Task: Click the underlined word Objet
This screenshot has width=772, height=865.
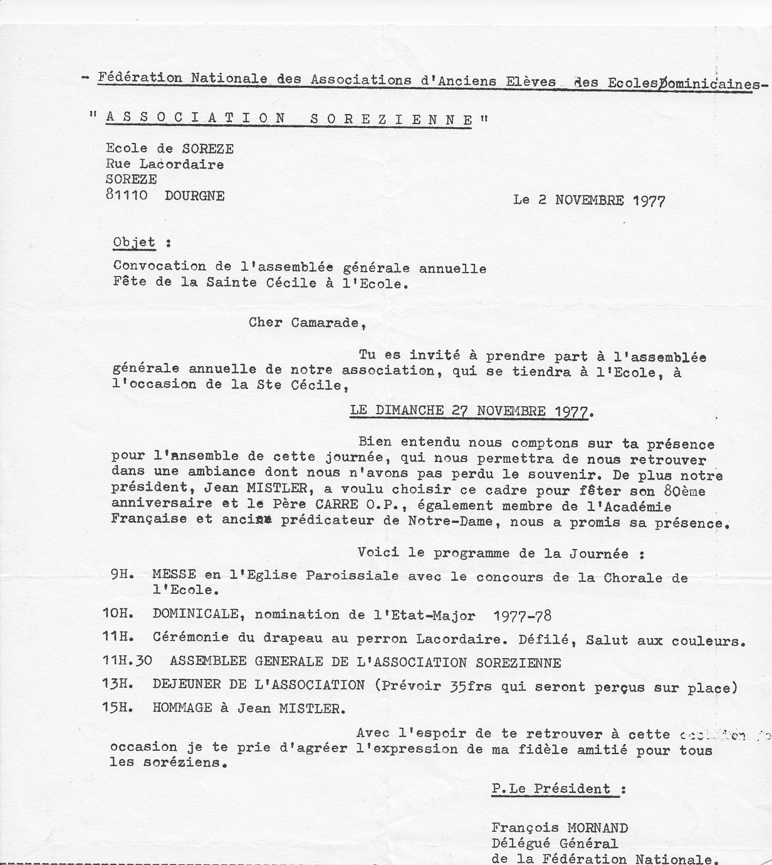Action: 134,243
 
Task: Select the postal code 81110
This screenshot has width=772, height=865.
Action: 127,195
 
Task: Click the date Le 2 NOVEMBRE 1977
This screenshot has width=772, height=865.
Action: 588,201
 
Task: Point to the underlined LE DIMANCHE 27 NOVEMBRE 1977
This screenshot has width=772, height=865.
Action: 469,411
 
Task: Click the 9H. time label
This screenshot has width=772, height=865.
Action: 119,575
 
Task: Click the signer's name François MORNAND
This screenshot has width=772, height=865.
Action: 559,828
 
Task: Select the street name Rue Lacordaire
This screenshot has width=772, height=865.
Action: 165,164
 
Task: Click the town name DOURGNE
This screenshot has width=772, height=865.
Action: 194,195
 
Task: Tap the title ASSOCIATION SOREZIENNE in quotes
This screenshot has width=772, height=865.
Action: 289,118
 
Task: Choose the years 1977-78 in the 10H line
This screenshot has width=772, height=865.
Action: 522,616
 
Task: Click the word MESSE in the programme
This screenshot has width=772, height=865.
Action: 174,575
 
